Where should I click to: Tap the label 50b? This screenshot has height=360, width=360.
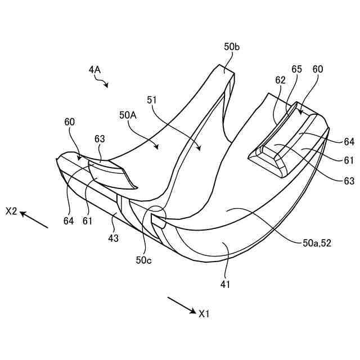pos(231,47)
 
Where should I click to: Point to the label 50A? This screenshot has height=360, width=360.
pos(128,114)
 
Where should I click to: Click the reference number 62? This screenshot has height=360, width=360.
pos(280,80)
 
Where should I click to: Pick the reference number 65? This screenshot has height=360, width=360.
pos(296,69)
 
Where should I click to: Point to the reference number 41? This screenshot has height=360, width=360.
pos(225,285)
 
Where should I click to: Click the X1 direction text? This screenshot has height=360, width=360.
pos(204,313)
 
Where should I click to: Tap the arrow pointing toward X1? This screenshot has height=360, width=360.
pos(181,305)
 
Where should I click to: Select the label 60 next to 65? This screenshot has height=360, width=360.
pos(318,69)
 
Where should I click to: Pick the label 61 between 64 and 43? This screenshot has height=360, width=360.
pos(87,222)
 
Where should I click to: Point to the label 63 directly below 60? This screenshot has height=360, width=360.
pos(100,139)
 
